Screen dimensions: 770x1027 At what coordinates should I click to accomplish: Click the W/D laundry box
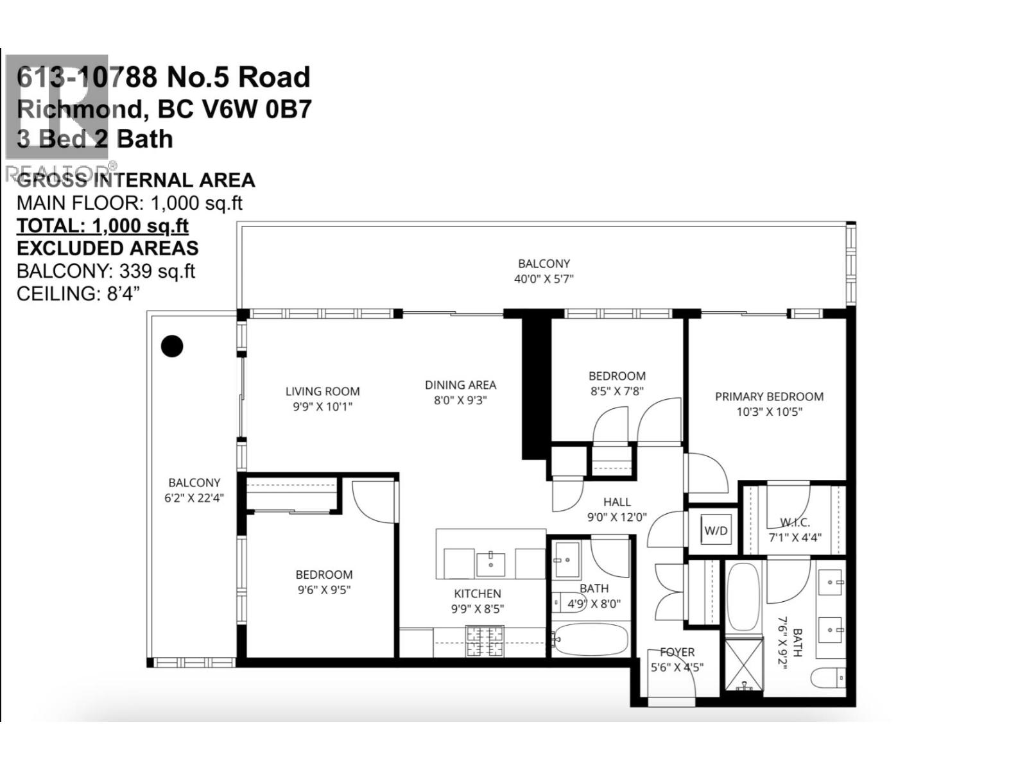pos(716,531)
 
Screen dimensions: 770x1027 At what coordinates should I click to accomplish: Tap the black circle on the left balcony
pos(171,346)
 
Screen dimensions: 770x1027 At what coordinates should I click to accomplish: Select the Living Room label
pos(322,391)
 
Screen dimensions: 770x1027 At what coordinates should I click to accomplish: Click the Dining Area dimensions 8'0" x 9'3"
pos(460,400)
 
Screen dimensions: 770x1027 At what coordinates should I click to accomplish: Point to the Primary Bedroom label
pos(769,397)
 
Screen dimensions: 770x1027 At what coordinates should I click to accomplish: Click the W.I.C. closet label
pos(795,523)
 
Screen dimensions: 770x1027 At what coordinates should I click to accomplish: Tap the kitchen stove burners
pos(485,641)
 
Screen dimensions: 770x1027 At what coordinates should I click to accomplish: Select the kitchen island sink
pos(491,564)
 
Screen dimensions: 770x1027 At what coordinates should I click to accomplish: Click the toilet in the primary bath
pos(828,678)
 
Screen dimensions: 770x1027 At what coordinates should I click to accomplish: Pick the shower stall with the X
pos(745,663)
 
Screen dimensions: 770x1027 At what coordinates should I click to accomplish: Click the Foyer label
pos(677,652)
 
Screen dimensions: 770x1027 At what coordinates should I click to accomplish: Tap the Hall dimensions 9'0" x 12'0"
pos(617,517)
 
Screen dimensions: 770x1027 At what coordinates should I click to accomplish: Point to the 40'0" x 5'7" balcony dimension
pos(544,279)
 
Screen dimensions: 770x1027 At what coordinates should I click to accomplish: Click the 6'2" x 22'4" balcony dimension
pos(194,498)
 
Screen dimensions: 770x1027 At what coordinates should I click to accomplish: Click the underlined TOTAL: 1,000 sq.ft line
pos(103,226)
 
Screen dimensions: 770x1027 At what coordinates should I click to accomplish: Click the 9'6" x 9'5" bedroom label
pos(324,590)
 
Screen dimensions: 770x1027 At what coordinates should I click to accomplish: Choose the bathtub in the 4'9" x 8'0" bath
pos(591,640)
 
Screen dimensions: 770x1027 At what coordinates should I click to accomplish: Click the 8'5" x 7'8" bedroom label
pos(617,391)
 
